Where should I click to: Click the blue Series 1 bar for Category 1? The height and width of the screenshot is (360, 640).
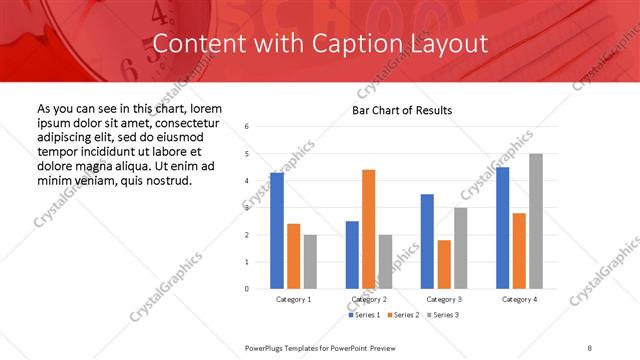coord(277,231)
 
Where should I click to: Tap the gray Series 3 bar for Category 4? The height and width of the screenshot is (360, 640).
coord(536,221)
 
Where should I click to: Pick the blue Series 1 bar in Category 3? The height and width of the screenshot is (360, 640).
coord(427,241)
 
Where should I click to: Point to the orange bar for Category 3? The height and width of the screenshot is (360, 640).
coord(444,264)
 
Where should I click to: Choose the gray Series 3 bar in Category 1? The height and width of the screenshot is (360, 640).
coord(310,262)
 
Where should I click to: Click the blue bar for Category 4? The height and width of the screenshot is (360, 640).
coord(503,228)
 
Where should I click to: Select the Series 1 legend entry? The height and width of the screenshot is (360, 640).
coord(366,316)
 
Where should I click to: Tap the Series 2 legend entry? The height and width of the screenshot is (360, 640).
coord(403,316)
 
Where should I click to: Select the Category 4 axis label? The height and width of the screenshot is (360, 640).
coord(519,300)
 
